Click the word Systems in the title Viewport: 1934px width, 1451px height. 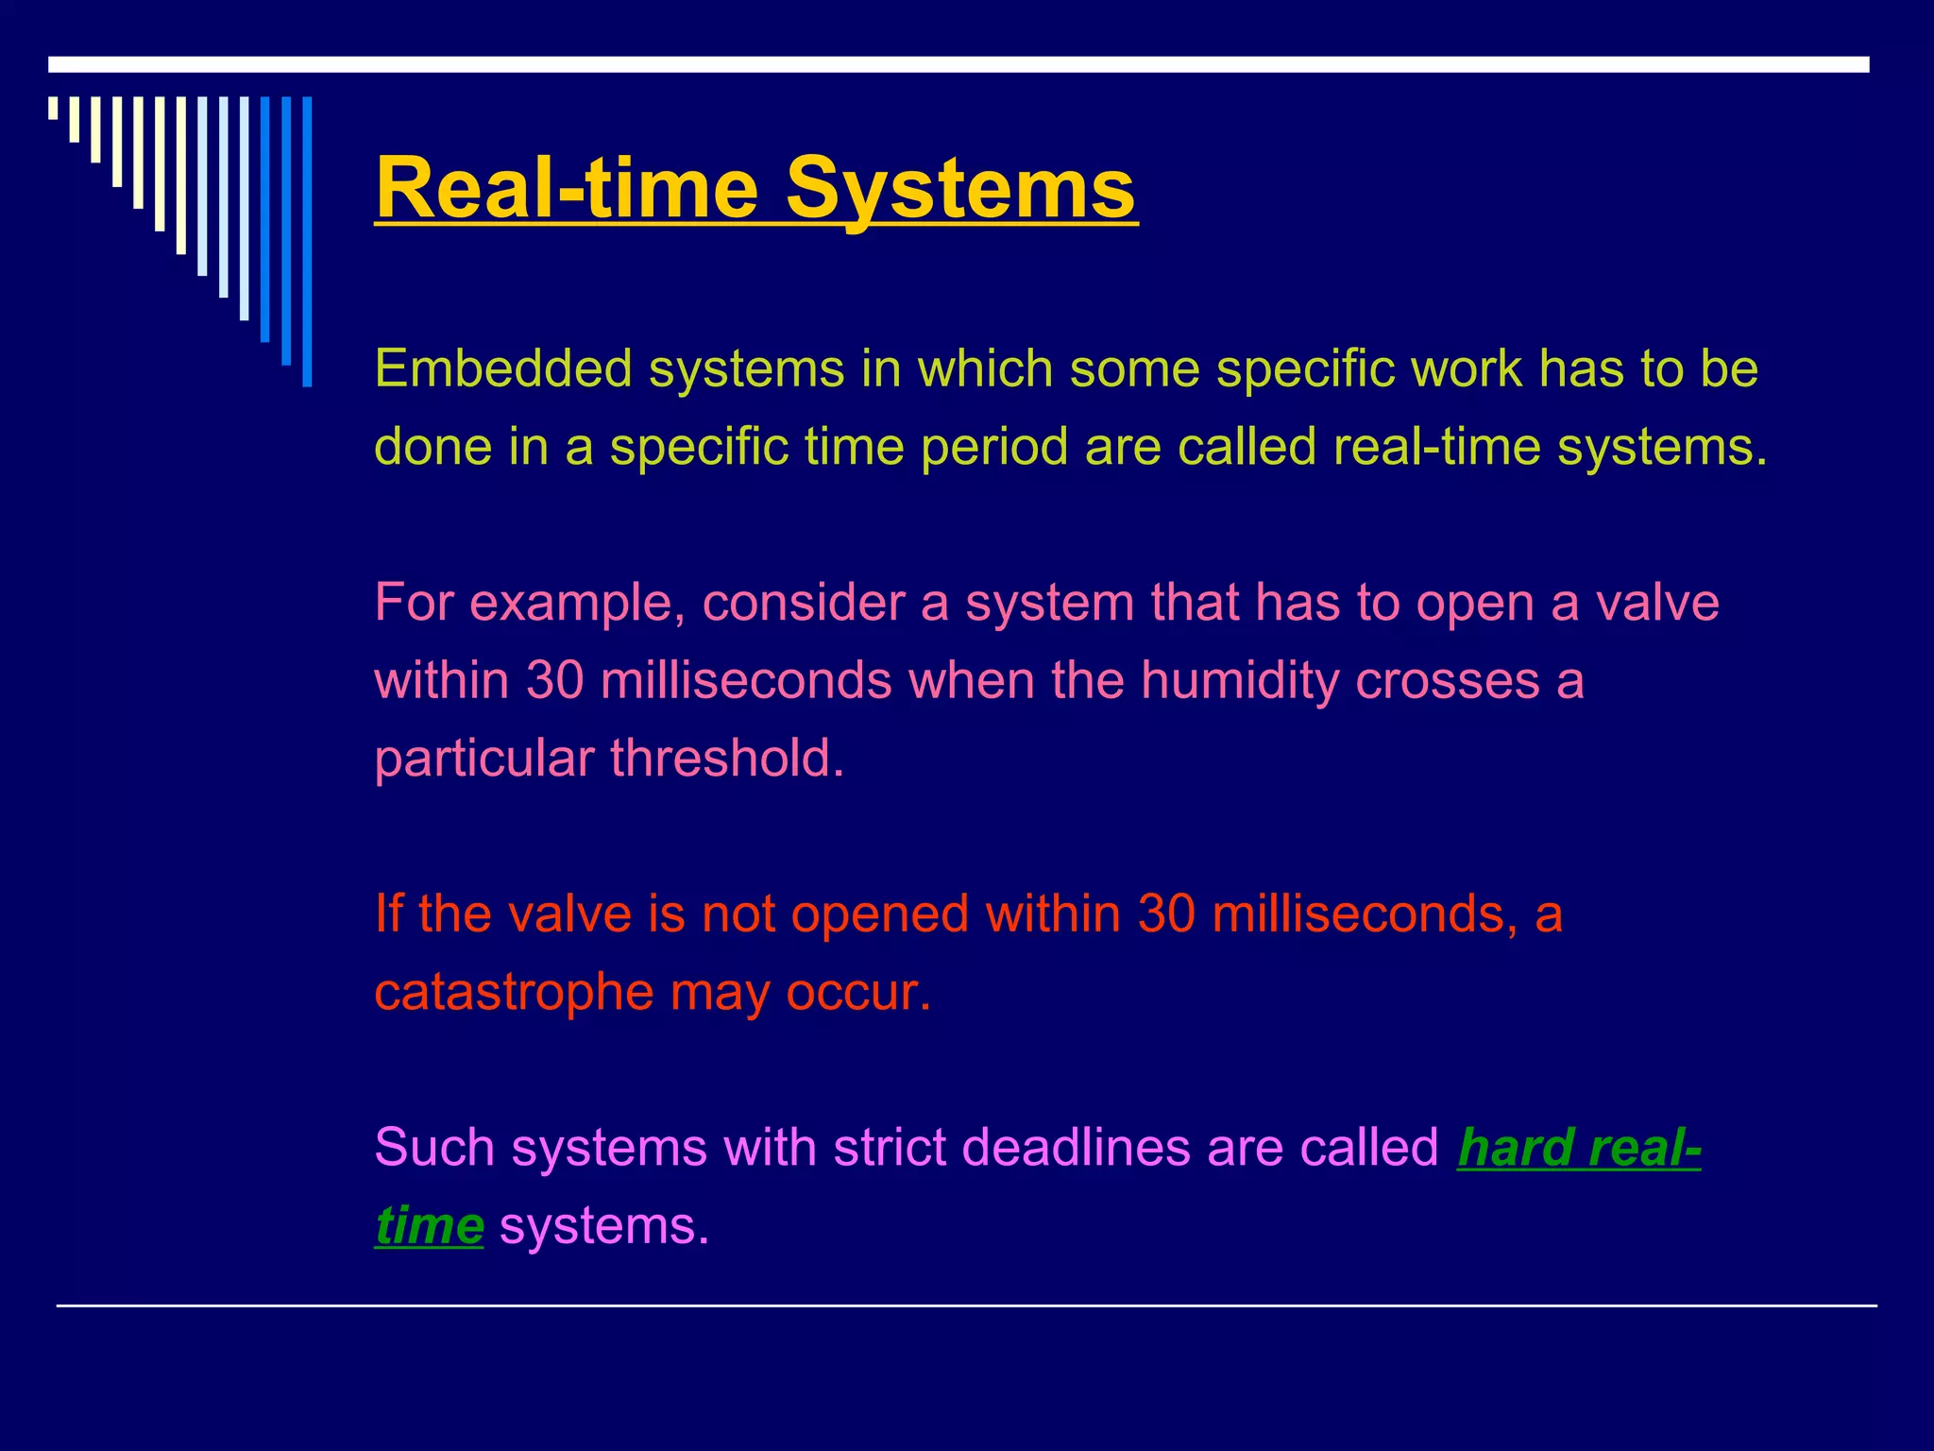(961, 189)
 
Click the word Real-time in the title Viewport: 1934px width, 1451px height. (567, 189)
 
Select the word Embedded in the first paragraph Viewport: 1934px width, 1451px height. (502, 368)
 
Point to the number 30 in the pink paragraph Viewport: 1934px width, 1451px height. (554, 680)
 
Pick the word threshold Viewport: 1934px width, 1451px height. (726, 759)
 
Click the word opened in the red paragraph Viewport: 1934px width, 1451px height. (880, 914)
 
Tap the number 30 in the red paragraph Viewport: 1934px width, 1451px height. (1166, 914)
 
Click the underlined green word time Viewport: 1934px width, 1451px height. (430, 1226)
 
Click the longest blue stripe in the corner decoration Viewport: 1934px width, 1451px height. (307, 242)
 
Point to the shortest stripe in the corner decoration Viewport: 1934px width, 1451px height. (53, 108)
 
